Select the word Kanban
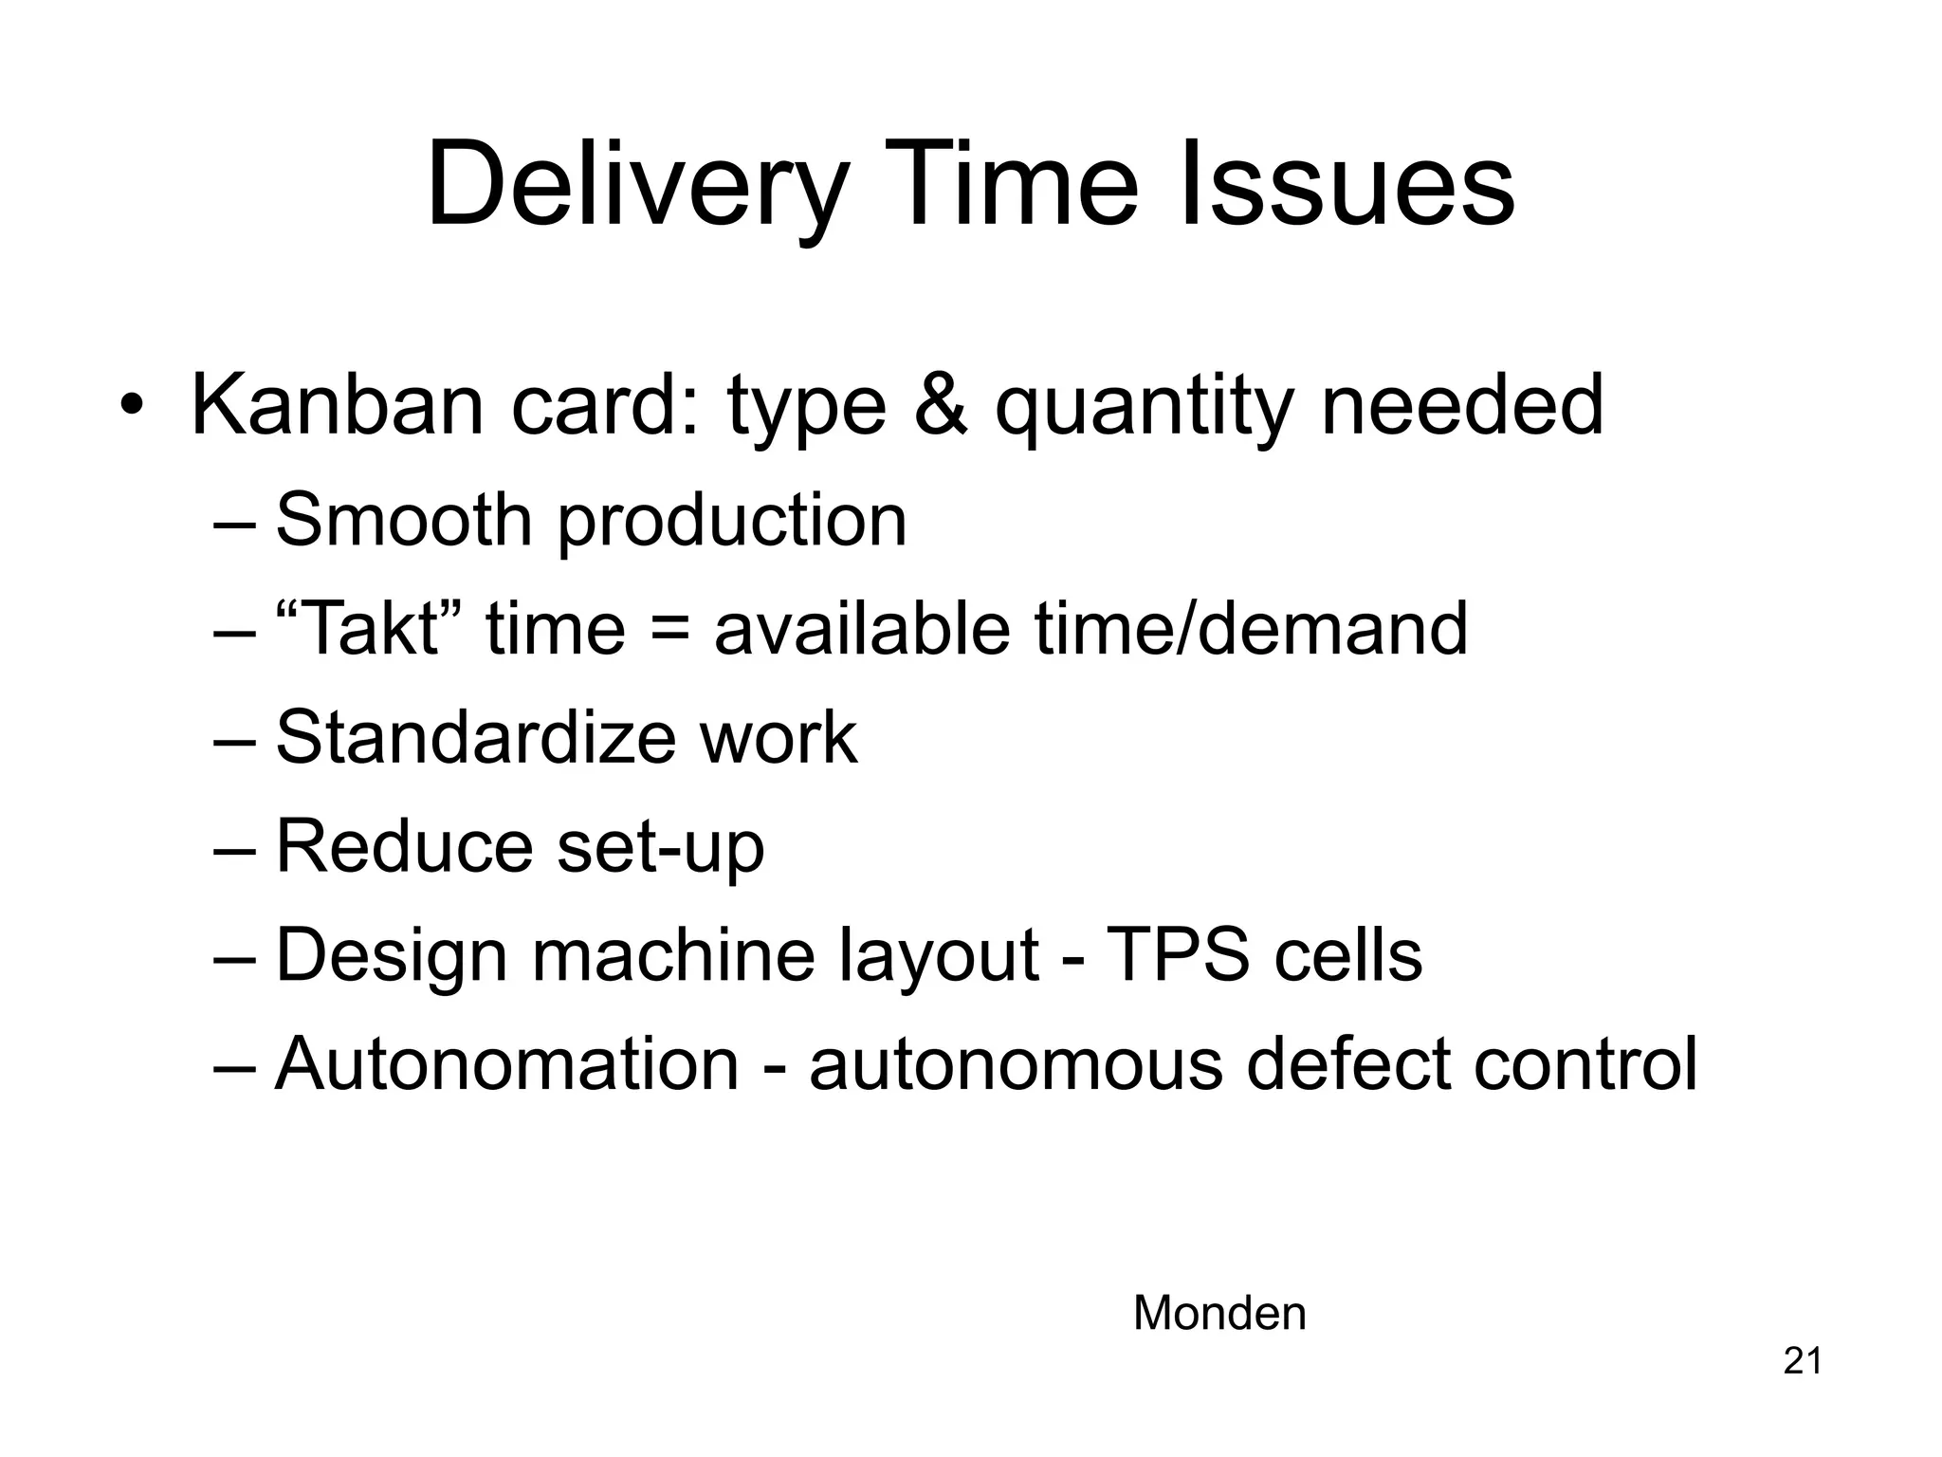click(338, 405)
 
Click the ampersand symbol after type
click(941, 405)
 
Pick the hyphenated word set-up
click(660, 848)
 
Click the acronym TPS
click(1178, 955)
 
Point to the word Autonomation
click(506, 1063)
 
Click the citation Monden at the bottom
click(1219, 1314)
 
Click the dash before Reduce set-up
click(234, 848)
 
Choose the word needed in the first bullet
click(1461, 405)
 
